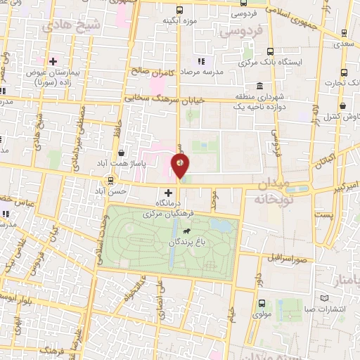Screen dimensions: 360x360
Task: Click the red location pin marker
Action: point(181,167)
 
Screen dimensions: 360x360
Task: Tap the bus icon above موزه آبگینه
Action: point(179,10)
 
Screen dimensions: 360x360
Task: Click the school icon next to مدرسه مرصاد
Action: point(202,61)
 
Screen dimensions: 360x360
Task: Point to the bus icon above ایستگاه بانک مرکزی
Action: point(270,51)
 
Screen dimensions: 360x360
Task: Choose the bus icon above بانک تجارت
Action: point(344,72)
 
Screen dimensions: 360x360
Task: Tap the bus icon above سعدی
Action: point(344,33)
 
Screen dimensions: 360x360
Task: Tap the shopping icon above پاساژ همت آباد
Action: point(122,153)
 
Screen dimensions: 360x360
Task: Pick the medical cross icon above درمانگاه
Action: point(168,193)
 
